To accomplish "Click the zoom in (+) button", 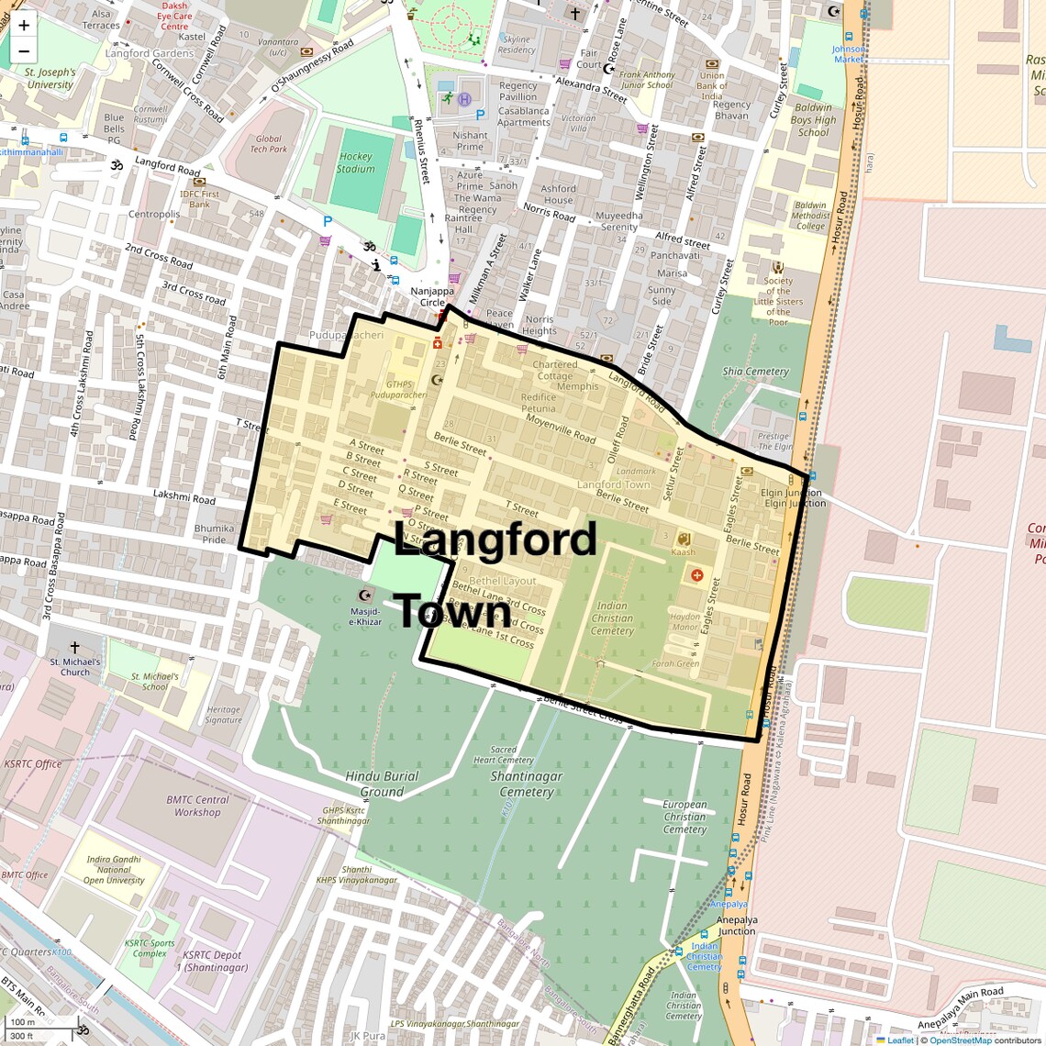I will coord(24,26).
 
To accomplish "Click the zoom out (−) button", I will coord(24,51).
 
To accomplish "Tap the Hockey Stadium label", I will coord(355,162).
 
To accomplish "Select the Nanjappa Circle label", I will coord(432,296).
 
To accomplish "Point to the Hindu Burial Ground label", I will coord(382,784).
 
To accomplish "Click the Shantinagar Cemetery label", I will coord(527,784).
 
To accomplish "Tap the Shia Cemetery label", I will coord(755,372).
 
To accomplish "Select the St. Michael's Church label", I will coord(75,666).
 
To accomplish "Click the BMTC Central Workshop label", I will coord(197,806).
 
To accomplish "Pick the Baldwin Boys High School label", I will coord(813,119).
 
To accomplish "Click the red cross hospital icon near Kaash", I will coord(697,575).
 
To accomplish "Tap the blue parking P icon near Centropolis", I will coord(328,221).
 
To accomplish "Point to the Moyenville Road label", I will coord(561,428).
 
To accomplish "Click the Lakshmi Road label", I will coord(184,496).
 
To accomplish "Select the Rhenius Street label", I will coord(422,152).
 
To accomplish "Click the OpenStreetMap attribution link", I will coord(960,1040).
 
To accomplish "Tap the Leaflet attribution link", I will coord(899,1040).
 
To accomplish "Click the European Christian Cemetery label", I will coord(684,817).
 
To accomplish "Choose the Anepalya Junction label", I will coord(737,925).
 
